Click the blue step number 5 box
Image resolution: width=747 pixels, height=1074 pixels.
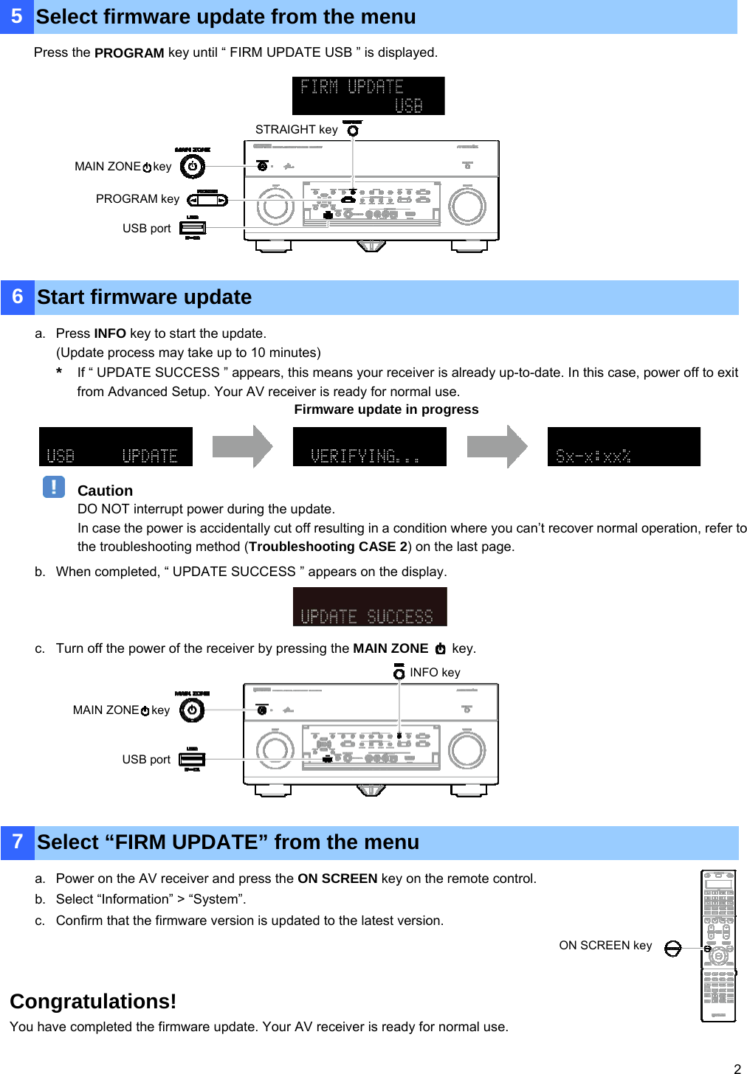(x=16, y=16)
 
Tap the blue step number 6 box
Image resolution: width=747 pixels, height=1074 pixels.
(x=17, y=297)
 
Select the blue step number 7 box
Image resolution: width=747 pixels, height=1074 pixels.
(x=17, y=842)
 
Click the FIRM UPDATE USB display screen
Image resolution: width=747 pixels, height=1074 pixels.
(x=368, y=96)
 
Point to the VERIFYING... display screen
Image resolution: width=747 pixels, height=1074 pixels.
(x=369, y=447)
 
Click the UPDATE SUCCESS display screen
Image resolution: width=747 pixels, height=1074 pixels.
(x=370, y=607)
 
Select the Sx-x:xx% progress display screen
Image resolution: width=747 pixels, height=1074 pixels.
(x=624, y=447)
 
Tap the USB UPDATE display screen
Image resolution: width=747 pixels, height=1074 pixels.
(x=116, y=447)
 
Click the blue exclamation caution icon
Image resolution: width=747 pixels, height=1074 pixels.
(x=53, y=488)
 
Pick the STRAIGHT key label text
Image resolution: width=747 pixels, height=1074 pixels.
(x=296, y=130)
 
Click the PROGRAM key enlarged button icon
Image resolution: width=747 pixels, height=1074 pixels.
(x=207, y=200)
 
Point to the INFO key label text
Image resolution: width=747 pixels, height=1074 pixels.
(x=435, y=673)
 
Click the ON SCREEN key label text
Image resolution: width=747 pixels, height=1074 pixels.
(x=605, y=946)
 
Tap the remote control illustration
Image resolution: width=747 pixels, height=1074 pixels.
(x=718, y=946)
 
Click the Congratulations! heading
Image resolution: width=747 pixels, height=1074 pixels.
(x=93, y=1002)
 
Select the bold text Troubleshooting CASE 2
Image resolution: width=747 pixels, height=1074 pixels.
(x=328, y=547)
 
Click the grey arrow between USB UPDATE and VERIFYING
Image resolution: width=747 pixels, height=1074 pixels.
(x=243, y=447)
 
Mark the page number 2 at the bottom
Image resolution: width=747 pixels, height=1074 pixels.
(x=737, y=1068)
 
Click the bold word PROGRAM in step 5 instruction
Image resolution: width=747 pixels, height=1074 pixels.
(x=129, y=53)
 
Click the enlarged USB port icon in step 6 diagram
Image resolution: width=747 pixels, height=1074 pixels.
(x=192, y=759)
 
